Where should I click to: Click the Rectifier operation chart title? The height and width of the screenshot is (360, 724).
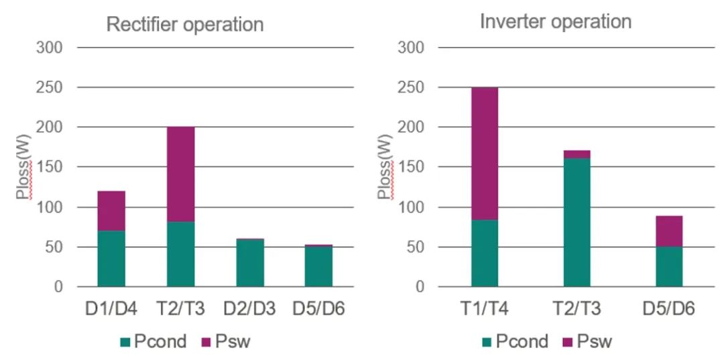tap(185, 25)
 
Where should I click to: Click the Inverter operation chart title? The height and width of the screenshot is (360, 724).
tap(555, 21)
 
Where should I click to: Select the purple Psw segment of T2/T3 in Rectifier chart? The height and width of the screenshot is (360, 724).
tap(181, 174)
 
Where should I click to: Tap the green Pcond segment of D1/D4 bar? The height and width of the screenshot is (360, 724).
tap(111, 259)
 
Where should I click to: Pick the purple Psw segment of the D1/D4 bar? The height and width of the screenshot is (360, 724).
tap(111, 211)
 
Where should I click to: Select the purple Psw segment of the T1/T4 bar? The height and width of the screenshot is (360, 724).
tap(485, 154)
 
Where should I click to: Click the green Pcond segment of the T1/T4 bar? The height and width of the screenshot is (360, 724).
tap(485, 253)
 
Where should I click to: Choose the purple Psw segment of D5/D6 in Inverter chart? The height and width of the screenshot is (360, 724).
tap(668, 231)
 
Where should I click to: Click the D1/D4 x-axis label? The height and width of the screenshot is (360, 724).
tap(111, 309)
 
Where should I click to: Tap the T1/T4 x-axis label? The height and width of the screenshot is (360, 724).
tap(485, 309)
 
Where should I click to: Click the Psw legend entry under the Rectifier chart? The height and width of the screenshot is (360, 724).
tap(225, 342)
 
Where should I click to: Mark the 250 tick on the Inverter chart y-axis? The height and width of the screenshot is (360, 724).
tap(410, 88)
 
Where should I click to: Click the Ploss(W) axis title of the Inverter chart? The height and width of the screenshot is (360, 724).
tap(384, 168)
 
